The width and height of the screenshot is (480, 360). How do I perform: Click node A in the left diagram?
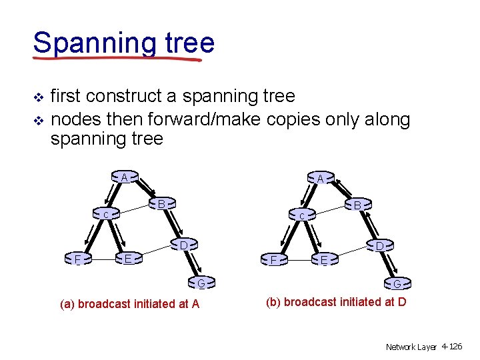click(125, 178)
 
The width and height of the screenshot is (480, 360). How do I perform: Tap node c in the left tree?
click(106, 215)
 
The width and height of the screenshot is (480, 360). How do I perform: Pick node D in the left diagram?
click(183, 245)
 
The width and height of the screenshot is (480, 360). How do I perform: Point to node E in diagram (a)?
click(129, 258)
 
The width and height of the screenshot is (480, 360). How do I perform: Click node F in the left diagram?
click(78, 258)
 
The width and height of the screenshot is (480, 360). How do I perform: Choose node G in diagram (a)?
click(201, 283)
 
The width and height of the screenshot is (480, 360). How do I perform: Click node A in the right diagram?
click(321, 179)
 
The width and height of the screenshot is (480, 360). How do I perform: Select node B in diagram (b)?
click(358, 205)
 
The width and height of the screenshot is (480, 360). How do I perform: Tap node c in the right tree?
click(302, 215)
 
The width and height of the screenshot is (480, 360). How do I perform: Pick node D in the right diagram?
click(379, 247)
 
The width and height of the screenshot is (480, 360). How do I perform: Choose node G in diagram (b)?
click(397, 284)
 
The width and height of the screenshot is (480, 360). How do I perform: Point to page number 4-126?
click(451, 347)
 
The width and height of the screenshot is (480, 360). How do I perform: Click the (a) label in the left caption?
click(67, 304)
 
